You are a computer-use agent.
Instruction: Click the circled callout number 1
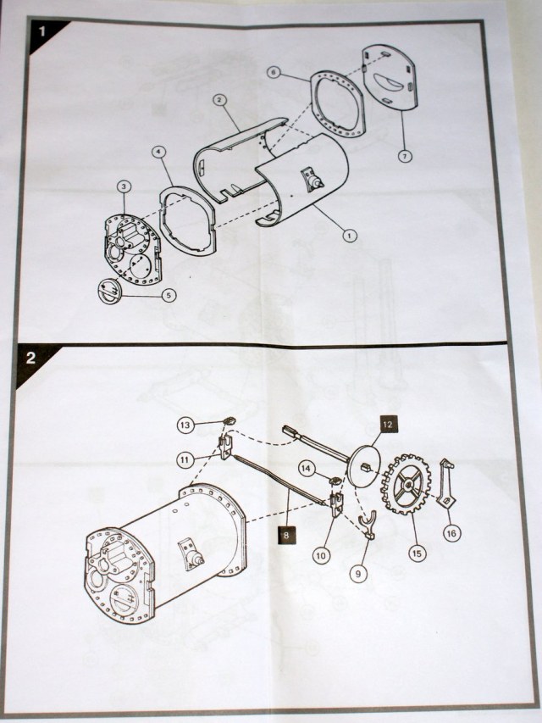coord(349,236)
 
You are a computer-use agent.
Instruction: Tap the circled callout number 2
coord(218,100)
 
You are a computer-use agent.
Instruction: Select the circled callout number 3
coord(124,186)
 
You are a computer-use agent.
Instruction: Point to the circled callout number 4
coord(159,153)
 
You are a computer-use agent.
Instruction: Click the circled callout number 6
coord(274,74)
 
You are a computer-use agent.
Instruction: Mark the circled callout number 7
coord(406,156)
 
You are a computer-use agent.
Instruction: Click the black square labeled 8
coord(285,535)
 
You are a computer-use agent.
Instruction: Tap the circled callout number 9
coord(360,573)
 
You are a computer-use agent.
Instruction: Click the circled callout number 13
coord(186,423)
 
